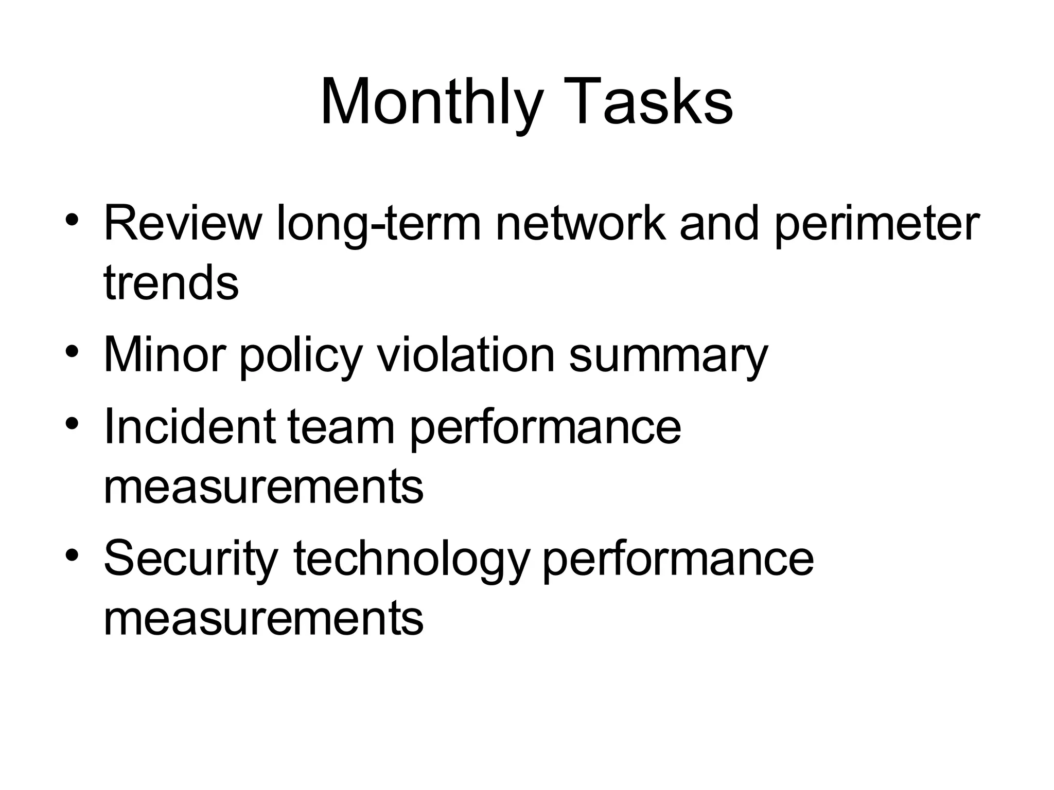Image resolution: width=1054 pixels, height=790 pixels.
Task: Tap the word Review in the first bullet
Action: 183,223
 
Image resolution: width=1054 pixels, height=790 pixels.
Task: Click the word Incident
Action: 189,426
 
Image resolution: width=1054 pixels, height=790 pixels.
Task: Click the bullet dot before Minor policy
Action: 72,352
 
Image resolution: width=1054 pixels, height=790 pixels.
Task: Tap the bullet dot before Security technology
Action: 72,555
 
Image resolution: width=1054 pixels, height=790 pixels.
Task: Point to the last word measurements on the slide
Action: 263,618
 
